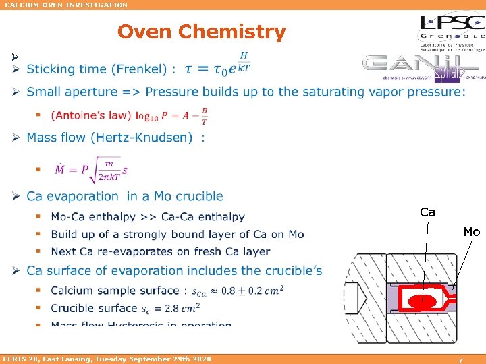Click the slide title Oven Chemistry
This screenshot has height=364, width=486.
coord(201,32)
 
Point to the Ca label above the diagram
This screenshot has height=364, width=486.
coord(427,212)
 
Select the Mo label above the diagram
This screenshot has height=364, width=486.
coord(471,232)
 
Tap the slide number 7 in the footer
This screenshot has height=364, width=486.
coord(460,360)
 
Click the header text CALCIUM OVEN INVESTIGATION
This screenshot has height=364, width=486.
coord(66,5)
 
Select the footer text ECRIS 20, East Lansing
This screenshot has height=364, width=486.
coord(107,359)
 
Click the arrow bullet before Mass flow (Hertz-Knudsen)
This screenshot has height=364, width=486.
coord(15,138)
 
